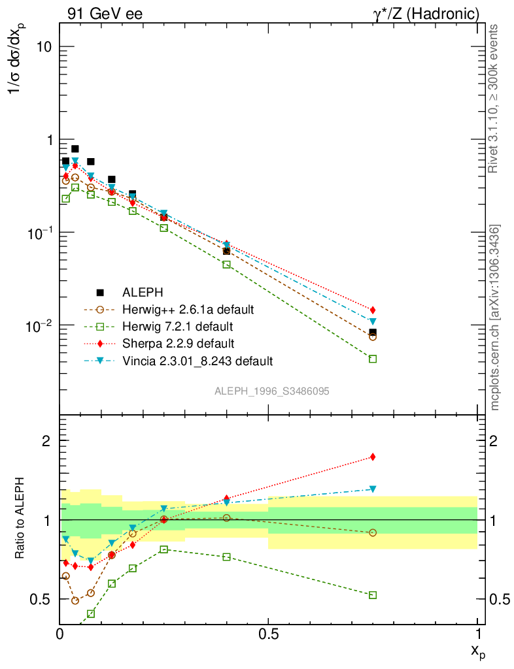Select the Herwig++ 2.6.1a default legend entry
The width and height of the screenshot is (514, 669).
188,309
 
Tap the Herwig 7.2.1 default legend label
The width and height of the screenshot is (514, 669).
178,326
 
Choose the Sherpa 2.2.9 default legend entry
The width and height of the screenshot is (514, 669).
178,343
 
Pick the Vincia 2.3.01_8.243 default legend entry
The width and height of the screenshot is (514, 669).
197,360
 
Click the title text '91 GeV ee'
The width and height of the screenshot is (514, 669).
105,14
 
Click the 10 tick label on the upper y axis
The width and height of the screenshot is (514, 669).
44,48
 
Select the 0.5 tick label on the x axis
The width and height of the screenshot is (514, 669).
268,633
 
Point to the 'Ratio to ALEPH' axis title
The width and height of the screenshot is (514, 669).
20,520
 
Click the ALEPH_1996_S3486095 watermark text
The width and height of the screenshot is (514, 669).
271,391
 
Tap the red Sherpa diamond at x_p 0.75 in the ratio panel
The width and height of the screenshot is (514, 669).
373,457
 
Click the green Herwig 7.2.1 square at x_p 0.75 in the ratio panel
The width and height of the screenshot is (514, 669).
373,595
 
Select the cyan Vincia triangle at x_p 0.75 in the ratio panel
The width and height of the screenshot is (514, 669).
373,489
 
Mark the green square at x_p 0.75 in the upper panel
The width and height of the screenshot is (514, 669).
373,359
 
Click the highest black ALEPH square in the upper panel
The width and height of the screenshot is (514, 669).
75,149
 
